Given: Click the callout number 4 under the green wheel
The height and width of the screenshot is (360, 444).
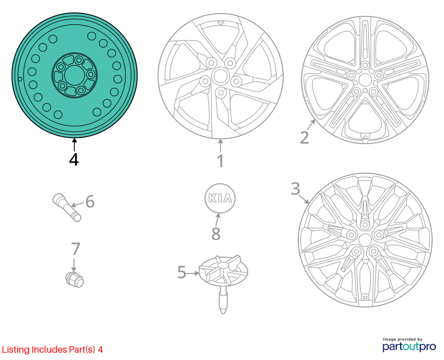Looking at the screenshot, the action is click(74, 160).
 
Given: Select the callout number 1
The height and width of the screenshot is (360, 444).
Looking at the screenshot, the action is click(220, 161).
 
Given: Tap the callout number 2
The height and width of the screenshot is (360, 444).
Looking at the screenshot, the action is click(304, 137).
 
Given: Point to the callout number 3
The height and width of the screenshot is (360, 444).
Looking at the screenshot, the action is click(295, 189).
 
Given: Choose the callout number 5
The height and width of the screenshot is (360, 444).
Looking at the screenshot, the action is click(182, 272).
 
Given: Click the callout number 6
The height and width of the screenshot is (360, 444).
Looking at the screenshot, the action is click(90, 202).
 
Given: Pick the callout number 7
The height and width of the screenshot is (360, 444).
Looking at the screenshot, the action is click(75, 249).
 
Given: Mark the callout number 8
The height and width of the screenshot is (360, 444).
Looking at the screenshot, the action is click(216, 234).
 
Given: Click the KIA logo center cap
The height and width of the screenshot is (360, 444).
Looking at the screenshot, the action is click(220, 198).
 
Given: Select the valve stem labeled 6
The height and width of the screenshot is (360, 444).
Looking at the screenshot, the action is click(67, 207).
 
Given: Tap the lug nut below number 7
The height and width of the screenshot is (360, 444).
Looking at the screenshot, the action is click(74, 279).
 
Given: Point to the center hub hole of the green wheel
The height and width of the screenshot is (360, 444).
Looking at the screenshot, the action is click(74, 75).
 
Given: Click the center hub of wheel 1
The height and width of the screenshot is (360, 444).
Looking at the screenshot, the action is click(219, 76).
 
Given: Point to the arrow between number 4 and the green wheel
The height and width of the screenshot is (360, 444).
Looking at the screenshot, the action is click(74, 144).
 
